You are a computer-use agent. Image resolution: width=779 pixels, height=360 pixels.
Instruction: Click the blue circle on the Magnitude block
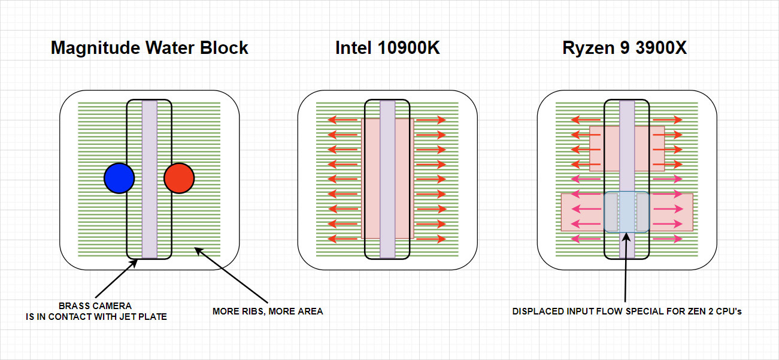pos(119,179)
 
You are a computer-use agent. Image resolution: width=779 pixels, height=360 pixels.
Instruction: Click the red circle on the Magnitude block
pos(179,179)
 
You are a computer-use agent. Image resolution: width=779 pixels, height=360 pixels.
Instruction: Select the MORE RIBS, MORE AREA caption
pos(268,311)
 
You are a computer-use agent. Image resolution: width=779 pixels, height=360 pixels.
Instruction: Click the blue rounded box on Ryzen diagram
pos(626,212)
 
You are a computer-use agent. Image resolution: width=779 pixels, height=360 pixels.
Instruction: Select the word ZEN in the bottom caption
pos(696,312)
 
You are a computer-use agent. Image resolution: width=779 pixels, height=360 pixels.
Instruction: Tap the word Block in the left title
pos(226,48)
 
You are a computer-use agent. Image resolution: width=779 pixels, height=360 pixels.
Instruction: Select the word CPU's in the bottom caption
pos(729,312)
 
